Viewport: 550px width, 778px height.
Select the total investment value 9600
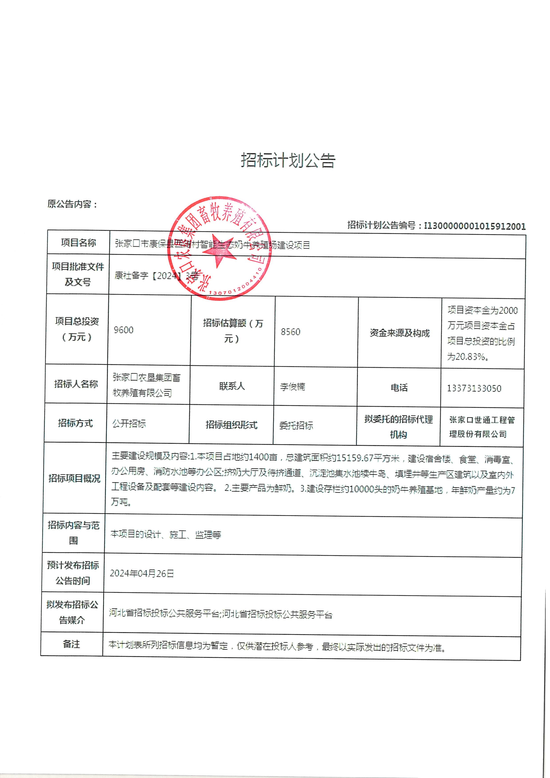click(124, 330)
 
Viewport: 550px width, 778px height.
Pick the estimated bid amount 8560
click(291, 331)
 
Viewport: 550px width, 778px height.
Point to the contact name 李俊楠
click(293, 387)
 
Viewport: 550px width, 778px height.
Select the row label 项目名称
click(78, 243)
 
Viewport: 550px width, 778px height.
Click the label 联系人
click(232, 386)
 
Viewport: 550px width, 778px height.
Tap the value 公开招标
click(129, 423)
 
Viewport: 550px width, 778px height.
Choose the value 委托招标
click(296, 425)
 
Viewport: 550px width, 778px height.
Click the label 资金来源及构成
click(400, 333)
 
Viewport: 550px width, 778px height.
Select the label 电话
click(399, 387)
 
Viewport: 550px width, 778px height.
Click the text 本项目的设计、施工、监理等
click(166, 534)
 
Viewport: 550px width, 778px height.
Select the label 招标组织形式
click(232, 425)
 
